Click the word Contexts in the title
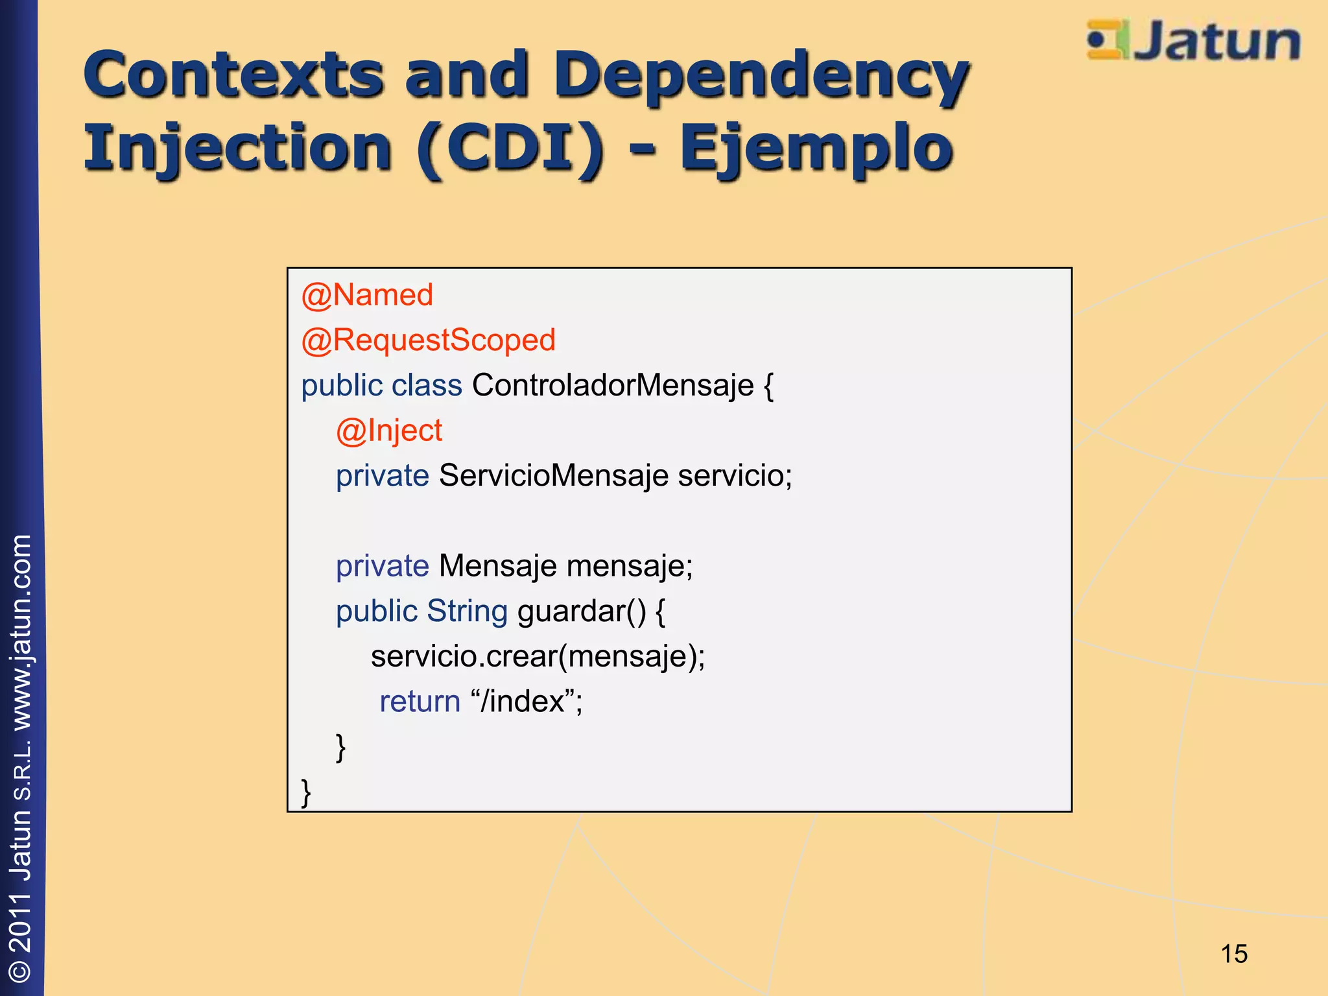233,75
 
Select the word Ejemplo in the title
816,148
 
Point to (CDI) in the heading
510,148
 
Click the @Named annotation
367,295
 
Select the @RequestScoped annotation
428,340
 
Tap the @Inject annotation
389,431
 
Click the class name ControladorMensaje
613,385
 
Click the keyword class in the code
427,385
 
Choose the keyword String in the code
467,611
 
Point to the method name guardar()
582,611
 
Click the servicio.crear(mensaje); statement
538,656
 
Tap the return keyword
420,702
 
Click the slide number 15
1233,954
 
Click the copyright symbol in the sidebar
21,969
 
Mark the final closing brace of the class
306,792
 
